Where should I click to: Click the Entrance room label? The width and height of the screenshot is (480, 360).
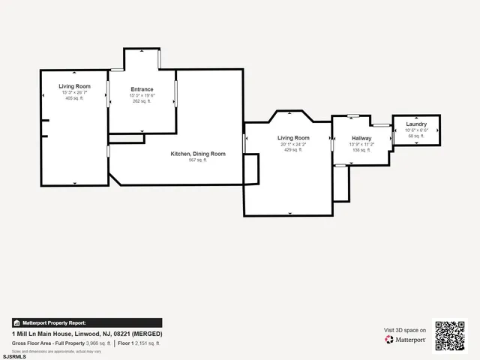142,89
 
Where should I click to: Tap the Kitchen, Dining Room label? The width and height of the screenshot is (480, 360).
198,154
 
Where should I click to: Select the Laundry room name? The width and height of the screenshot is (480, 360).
416,124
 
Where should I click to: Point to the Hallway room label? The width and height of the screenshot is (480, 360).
362,138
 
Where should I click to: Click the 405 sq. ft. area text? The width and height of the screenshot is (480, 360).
75,98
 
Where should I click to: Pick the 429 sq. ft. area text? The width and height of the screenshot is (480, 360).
293,150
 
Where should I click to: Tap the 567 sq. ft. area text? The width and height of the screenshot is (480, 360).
198,160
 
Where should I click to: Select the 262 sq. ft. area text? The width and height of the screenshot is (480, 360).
142,101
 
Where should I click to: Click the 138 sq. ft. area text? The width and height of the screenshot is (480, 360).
362,150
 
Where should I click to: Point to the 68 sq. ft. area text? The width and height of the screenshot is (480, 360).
416,136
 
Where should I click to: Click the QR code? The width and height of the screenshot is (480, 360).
450,335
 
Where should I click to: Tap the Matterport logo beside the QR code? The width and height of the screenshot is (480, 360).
406,340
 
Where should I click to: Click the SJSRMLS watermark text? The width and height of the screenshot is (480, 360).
14,356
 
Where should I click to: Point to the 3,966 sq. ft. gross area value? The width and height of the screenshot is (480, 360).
98,343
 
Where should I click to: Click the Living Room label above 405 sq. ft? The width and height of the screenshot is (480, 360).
75,86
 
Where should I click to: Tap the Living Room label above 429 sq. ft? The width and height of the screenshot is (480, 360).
293,138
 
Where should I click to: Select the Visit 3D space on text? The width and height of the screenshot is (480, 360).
405,330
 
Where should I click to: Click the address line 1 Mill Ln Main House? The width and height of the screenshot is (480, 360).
87,333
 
